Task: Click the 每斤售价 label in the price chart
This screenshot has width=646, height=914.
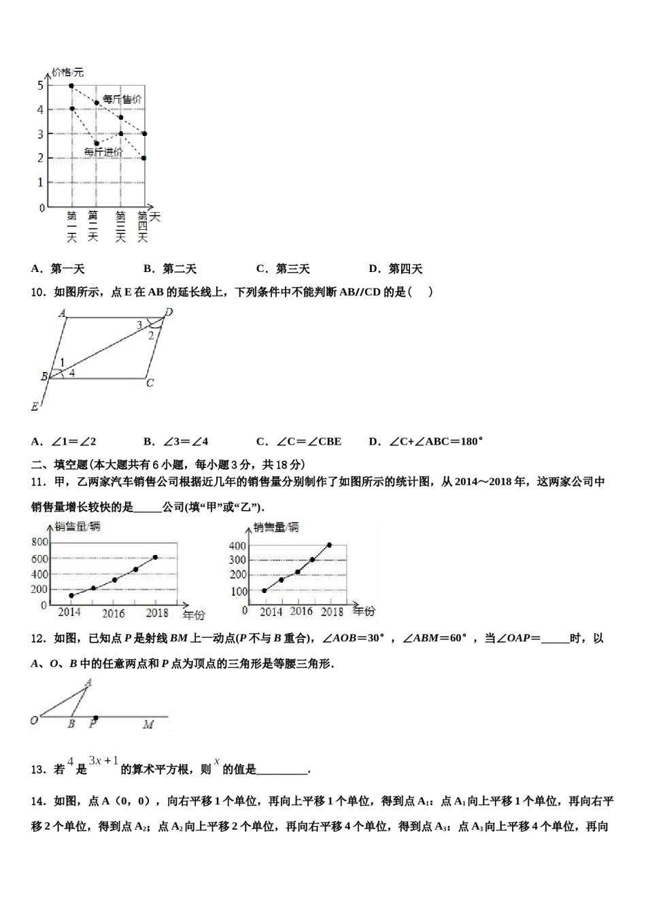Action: [122, 99]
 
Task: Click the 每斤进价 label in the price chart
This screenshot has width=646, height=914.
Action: [103, 152]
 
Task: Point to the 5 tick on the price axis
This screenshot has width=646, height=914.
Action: [41, 85]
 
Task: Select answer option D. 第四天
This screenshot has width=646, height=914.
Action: [396, 269]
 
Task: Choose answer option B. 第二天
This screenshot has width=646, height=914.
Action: [170, 269]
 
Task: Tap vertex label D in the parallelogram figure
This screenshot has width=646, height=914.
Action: [169, 312]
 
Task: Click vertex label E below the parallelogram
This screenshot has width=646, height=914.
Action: [35, 407]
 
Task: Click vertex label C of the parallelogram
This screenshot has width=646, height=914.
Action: [150, 383]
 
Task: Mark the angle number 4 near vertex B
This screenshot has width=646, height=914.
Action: [71, 373]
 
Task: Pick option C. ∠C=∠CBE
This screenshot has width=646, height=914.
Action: [299, 441]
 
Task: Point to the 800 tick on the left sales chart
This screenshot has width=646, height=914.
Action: [39, 541]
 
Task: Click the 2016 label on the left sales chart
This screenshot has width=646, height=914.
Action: [114, 613]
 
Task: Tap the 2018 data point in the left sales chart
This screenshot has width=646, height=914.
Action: [155, 557]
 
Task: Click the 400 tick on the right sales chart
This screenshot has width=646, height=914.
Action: [237, 545]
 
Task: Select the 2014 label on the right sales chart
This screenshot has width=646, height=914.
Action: [271, 611]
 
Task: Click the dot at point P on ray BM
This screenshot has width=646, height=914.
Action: [95, 717]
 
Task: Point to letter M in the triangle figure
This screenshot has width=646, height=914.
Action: [148, 725]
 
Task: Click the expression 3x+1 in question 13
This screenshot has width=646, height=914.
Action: [103, 761]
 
